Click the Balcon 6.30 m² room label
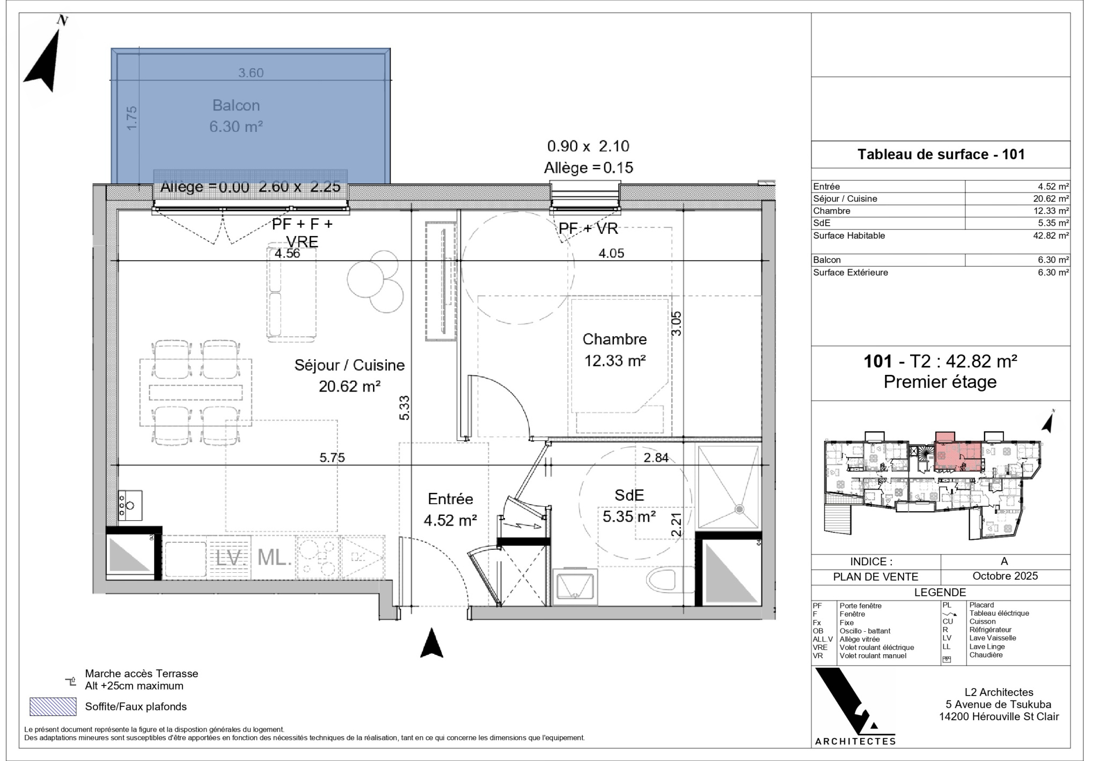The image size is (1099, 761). [x=236, y=116]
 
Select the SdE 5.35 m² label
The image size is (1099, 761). [x=629, y=506]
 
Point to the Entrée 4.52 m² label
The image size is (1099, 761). [x=450, y=509]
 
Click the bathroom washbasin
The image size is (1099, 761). [x=575, y=587]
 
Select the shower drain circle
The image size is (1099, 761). [x=740, y=508]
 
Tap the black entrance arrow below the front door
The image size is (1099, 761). [x=431, y=642]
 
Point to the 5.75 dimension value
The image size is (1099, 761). [x=332, y=457]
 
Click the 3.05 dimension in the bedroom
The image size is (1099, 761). [x=677, y=323]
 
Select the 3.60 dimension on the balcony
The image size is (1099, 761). [x=251, y=72]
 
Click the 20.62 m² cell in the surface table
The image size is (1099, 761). [x=1051, y=198]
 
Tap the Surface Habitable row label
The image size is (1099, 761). [x=849, y=235]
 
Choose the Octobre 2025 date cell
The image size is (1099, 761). [x=1005, y=576]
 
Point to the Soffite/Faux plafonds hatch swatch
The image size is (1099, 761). [x=53, y=706]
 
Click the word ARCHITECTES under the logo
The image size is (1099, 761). [x=855, y=741]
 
